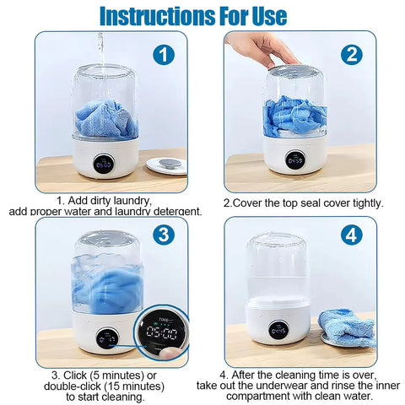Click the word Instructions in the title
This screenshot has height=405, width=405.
tap(151, 14)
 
